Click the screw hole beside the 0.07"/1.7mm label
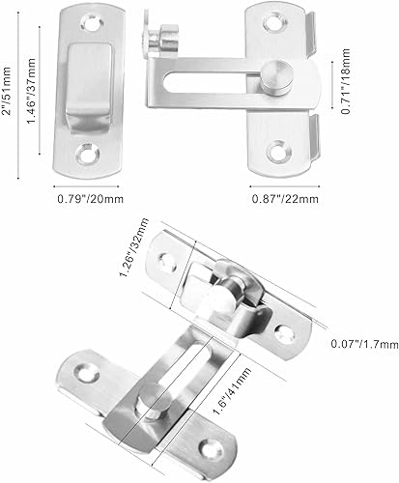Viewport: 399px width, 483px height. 286,332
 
